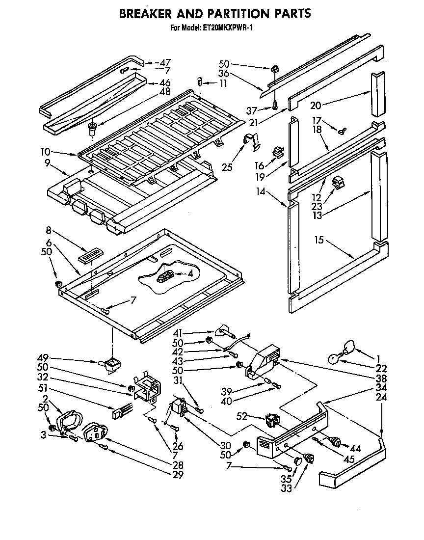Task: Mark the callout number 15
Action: (319, 240)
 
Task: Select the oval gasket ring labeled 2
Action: (69, 421)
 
